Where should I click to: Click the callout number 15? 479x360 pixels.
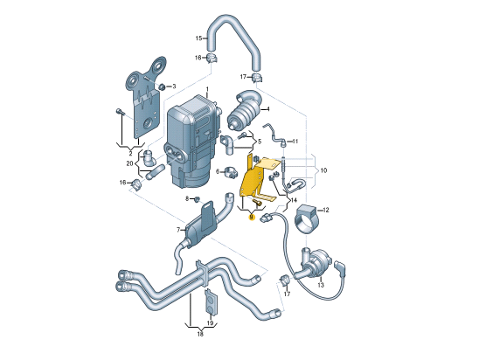pos(198,38)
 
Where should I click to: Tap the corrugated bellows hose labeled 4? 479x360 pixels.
pos(247,114)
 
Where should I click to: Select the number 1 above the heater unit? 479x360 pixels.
pos(208,90)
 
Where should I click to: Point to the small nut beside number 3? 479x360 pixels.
pos(163,87)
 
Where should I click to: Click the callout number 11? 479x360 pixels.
pos(295,142)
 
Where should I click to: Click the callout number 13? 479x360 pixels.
pos(321,285)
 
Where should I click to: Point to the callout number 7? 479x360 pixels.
pos(177,231)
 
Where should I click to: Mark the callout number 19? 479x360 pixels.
pos(210,322)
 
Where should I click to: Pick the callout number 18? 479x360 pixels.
pos(200,334)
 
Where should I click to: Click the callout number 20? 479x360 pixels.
pos(129,163)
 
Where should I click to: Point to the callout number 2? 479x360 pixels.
pos(130,151)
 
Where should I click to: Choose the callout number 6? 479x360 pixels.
pos(219,171)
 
